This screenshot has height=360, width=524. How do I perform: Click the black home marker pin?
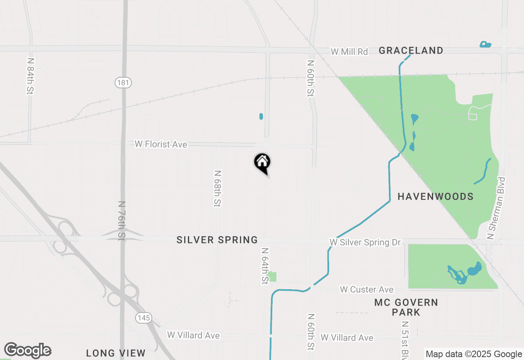[262, 163]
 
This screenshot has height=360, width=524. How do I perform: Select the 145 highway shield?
[144, 317]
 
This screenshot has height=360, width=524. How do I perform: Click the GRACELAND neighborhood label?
[411, 51]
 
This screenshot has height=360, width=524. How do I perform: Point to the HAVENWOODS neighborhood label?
[436, 197]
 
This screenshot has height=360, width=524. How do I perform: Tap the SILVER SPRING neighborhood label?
[217, 240]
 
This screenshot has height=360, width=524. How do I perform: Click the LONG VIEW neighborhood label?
[116, 353]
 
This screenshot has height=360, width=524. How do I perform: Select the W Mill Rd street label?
[349, 52]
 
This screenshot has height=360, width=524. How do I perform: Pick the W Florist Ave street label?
[161, 144]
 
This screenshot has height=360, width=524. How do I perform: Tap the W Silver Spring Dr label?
[365, 243]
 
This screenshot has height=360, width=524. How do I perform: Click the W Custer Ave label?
[366, 290]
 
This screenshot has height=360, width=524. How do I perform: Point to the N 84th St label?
[30, 76]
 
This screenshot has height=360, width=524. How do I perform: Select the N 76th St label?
[122, 220]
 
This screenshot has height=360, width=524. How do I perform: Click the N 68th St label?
[217, 189]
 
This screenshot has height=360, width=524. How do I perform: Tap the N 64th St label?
[265, 266]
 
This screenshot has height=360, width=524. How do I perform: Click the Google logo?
[28, 350]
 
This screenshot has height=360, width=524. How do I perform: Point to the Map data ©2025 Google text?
[474, 354]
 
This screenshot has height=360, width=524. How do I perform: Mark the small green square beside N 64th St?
[272, 277]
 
